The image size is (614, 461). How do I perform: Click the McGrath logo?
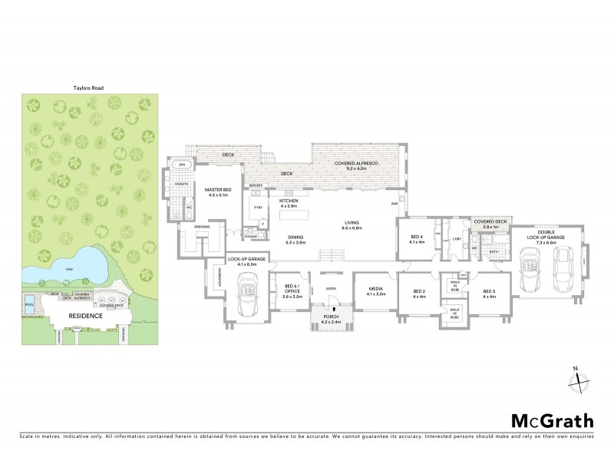(552, 420)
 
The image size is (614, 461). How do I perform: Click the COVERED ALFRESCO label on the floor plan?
(358, 164)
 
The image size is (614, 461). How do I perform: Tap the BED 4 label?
(417, 238)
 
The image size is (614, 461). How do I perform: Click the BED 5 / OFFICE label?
(293, 291)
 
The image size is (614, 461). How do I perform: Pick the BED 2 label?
(420, 294)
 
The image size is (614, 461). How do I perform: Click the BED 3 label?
(490, 294)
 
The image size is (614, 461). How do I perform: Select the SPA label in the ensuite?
(182, 165)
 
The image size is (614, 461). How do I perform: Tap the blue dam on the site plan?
(65, 267)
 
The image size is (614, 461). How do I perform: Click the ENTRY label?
(331, 288)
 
